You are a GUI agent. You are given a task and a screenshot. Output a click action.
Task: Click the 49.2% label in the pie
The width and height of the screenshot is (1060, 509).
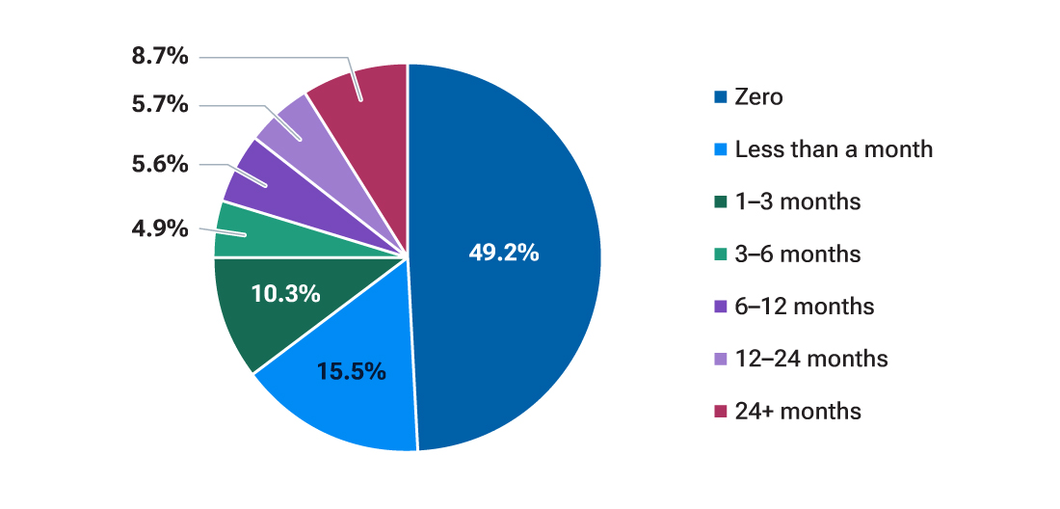coord(504,254)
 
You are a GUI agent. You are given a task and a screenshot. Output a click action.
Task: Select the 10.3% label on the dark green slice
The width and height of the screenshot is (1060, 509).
coord(285,294)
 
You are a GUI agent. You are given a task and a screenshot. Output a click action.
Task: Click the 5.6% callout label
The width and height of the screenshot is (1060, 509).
coord(160,164)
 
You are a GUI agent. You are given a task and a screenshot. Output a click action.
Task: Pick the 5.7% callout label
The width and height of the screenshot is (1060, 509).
coord(160,105)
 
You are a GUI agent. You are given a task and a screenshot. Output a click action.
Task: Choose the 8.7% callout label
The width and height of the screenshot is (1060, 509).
coord(160,56)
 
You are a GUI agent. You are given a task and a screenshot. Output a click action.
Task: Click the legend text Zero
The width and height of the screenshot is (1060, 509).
coord(759,96)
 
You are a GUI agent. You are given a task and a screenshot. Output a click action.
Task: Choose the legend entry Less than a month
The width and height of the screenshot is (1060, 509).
coord(834,149)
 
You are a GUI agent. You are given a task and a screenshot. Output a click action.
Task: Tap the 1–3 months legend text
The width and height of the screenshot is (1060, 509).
coord(798,201)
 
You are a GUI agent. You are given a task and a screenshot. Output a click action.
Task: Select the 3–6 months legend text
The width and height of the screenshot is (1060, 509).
coord(798,254)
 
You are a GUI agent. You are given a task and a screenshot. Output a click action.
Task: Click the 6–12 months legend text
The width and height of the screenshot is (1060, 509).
coord(805,307)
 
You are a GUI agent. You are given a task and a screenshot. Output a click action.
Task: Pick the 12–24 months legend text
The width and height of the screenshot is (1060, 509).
coord(811,359)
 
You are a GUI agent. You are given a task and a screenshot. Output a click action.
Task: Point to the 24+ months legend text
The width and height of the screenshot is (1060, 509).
coord(798,412)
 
